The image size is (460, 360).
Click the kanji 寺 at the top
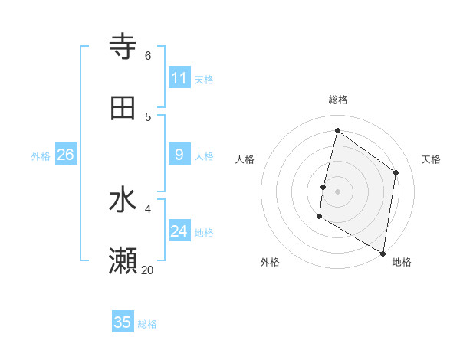[123, 47]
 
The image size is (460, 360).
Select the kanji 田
[123, 108]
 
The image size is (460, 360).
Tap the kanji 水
[123, 201]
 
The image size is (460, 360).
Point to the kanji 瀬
[123, 261]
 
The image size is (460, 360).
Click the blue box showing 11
[179, 78]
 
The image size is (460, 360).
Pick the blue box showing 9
[179, 155]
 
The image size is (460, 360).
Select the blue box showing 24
[179, 231]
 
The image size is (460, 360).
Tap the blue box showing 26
[65, 155]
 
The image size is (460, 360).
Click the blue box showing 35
[123, 322]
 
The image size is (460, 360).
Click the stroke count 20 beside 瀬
[147, 270]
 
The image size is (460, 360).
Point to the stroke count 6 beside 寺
[148, 55]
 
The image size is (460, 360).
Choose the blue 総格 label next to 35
[147, 324]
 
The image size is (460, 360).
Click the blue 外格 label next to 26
[41, 156]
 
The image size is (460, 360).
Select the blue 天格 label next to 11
[204, 80]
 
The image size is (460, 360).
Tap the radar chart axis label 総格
[338, 100]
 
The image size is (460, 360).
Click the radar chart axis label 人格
[245, 159]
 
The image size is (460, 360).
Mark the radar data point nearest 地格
[383, 253]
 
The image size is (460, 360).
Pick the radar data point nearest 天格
[396, 172]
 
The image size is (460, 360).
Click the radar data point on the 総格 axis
[337, 131]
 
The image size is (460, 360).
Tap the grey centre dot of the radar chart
[337, 191]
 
